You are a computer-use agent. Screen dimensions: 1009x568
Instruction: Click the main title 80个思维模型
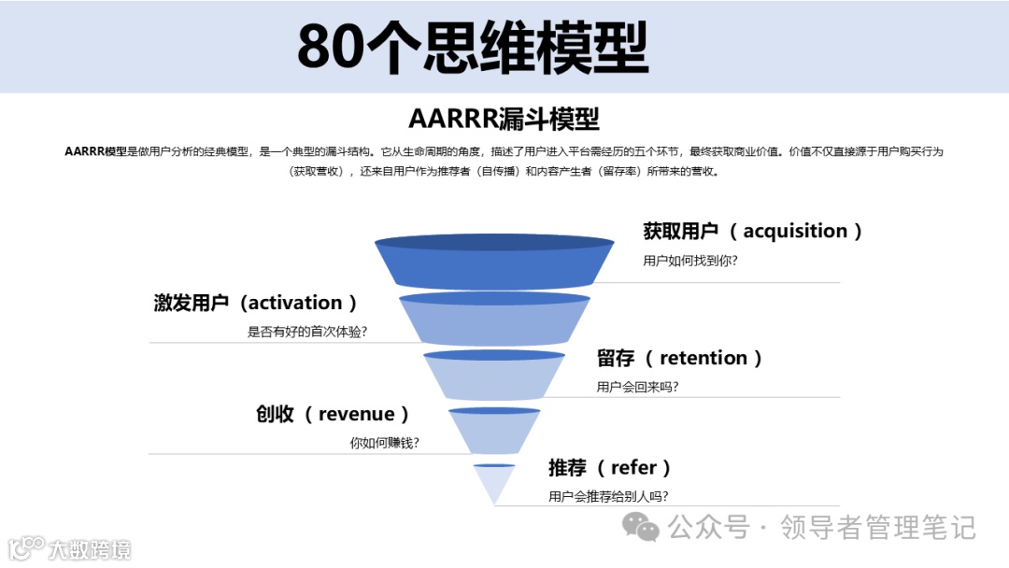click(473, 47)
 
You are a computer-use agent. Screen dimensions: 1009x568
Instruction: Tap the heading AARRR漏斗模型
click(504, 119)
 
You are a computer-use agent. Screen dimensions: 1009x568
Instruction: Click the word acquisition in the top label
click(795, 231)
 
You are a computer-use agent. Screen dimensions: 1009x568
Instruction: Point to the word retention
click(703, 358)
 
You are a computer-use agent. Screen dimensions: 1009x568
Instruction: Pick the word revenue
click(356, 414)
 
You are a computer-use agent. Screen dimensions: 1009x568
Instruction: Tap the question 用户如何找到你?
click(690, 261)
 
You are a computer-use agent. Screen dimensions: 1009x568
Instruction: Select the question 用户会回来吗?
click(637, 387)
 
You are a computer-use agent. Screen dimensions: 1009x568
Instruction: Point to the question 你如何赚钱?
click(384, 443)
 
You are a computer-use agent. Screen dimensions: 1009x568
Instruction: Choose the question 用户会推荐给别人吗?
click(608, 497)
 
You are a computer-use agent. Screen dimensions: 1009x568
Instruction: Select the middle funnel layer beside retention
click(494, 376)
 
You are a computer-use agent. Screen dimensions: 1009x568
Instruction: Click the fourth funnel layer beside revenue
click(494, 432)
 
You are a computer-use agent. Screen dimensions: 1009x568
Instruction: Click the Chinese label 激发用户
click(192, 303)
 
